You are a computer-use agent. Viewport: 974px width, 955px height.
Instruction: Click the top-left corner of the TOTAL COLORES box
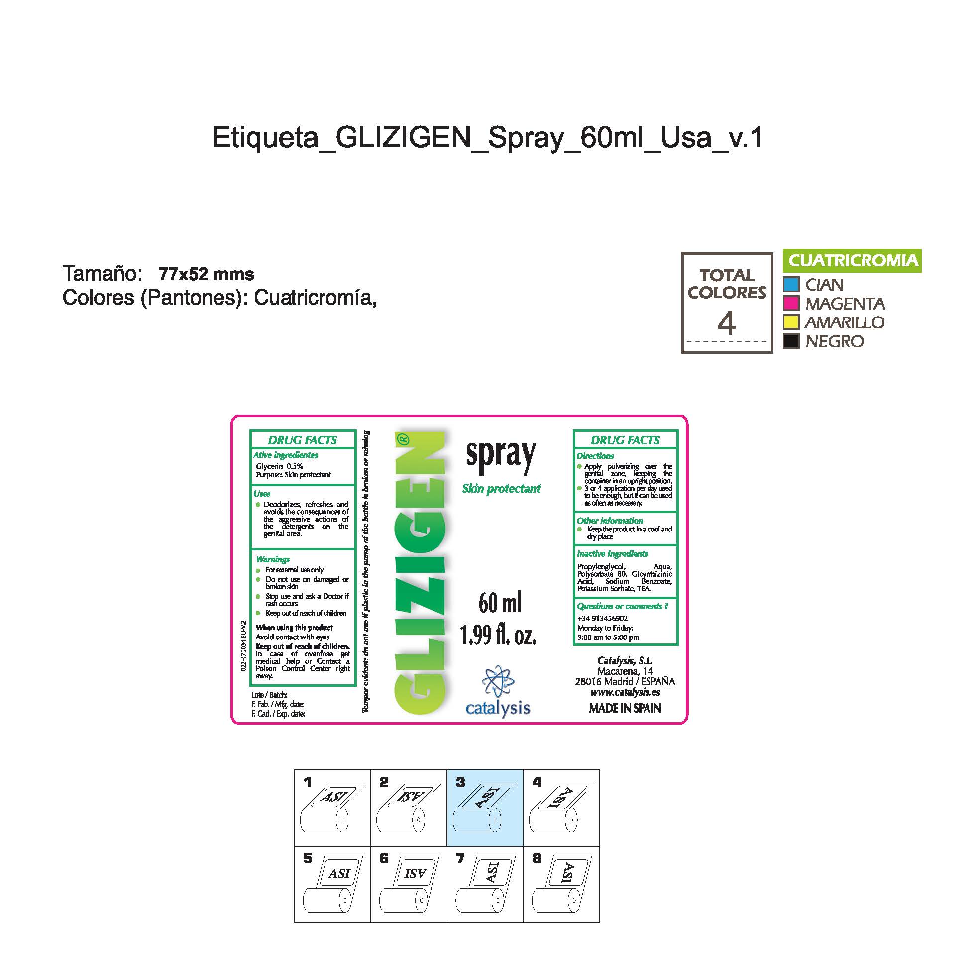click(682, 253)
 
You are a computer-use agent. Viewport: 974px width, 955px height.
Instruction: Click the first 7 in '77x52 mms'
click(164, 274)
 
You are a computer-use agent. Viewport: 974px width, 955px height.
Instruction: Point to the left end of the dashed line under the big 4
click(687, 341)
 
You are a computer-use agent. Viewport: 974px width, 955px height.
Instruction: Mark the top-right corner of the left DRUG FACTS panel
click(355, 431)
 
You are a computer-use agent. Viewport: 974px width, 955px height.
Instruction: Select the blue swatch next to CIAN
click(791, 284)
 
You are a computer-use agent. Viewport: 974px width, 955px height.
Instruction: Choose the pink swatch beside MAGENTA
click(791, 303)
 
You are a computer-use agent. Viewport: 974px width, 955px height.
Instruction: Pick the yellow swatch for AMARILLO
click(791, 322)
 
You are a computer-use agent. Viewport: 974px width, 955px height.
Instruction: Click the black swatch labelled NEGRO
click(791, 341)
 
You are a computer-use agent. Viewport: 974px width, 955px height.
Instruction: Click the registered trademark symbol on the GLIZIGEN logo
click(403, 439)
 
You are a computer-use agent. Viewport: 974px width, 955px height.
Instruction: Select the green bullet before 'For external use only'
click(258, 570)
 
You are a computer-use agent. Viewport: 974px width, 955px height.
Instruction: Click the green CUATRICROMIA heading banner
click(852, 261)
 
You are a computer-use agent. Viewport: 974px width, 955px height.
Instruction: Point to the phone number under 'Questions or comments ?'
click(602, 619)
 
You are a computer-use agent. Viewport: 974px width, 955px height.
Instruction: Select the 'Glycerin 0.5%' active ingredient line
click(279, 466)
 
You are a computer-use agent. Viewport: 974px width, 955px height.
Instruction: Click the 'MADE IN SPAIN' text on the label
click(625, 708)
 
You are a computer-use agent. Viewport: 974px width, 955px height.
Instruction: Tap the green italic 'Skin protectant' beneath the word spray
click(501, 489)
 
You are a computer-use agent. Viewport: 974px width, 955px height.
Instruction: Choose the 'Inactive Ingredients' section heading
click(612, 554)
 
